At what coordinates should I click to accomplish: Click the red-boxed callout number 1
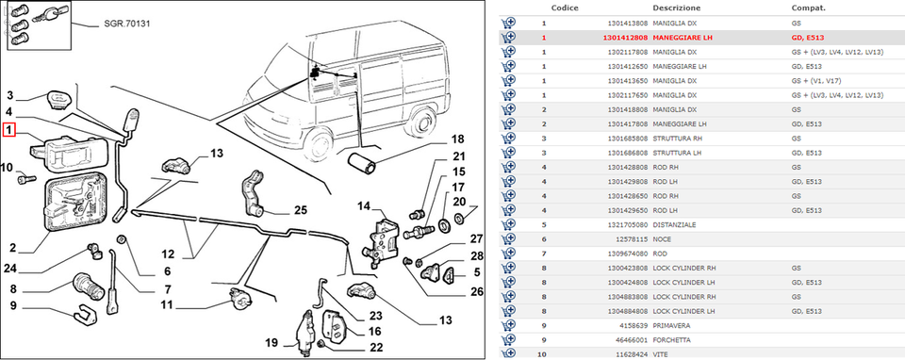coord(9,130)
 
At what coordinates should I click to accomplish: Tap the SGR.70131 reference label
coord(127,25)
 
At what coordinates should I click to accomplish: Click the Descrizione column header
coord(677,8)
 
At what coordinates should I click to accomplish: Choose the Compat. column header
coord(809,8)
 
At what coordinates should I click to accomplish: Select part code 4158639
coord(636,326)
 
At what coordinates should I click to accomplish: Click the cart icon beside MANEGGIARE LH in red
coord(508,38)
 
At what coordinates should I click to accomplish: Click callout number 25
coord(301,210)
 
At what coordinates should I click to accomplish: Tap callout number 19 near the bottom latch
coord(271,343)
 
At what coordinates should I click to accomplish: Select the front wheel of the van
coord(318,143)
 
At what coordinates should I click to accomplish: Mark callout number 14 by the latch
coord(364,206)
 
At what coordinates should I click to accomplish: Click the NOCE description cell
coord(662,239)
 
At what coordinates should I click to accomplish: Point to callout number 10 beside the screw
coord(7,168)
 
